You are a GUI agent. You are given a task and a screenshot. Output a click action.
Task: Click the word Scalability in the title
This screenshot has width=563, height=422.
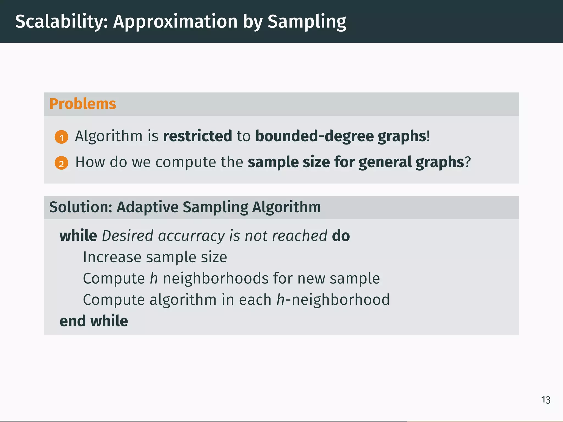click(61, 21)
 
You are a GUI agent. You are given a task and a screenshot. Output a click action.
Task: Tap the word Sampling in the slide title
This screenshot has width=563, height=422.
click(307, 22)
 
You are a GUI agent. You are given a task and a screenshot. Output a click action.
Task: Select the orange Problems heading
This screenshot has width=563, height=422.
click(83, 104)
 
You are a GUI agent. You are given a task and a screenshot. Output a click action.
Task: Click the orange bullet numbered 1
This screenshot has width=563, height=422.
click(61, 137)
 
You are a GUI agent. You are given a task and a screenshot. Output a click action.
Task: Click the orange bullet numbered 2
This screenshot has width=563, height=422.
click(61, 163)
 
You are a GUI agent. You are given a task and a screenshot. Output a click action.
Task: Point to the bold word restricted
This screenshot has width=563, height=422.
click(197, 136)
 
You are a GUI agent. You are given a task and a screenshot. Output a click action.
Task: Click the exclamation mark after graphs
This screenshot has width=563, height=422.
click(428, 136)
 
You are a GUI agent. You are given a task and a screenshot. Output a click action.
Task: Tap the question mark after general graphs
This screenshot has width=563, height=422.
click(467, 162)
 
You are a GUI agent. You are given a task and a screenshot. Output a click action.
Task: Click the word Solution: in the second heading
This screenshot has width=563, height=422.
click(81, 207)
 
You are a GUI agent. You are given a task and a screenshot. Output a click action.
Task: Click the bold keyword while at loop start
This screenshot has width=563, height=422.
click(78, 236)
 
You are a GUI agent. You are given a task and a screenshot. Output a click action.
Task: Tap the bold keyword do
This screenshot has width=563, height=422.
click(341, 236)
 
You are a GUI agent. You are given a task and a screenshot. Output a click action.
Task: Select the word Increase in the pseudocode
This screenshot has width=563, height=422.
click(112, 257)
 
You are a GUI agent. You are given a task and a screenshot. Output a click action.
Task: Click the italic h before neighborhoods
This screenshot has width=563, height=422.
click(154, 278)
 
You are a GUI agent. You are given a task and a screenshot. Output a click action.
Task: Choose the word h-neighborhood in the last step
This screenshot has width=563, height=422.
click(333, 299)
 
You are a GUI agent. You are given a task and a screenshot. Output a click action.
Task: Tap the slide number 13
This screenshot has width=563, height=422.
click(546, 400)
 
